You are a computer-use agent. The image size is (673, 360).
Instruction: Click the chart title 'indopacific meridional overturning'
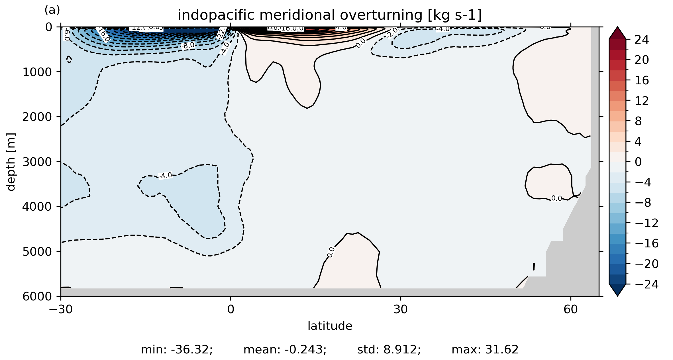pyautogui.click(x=329, y=15)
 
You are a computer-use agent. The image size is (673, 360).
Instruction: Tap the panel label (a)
pyautogui.click(x=52, y=10)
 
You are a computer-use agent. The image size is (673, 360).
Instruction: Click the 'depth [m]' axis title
pyautogui.click(x=11, y=162)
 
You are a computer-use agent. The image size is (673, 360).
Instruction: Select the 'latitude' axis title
pyautogui.click(x=330, y=326)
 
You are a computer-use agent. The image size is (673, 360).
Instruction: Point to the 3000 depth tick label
pyautogui.click(x=37, y=162)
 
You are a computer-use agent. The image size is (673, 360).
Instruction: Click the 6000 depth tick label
pyautogui.click(x=37, y=296)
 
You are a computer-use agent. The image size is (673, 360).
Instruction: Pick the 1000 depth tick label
pyautogui.click(x=37, y=72)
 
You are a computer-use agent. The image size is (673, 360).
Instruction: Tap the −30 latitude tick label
pyautogui.click(x=61, y=309)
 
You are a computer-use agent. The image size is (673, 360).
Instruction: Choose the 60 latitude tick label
pyautogui.click(x=570, y=309)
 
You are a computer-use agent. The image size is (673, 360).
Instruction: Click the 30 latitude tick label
pyautogui.click(x=401, y=309)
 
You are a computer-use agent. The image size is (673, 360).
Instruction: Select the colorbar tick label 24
pyautogui.click(x=642, y=40)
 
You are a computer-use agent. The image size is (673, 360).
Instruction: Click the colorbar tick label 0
pyautogui.click(x=638, y=162)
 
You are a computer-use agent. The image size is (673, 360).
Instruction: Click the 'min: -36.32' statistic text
pyautogui.click(x=177, y=350)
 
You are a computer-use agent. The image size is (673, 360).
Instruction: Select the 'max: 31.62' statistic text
pyautogui.click(x=485, y=350)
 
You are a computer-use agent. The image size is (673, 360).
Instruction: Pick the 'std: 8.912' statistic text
pyautogui.click(x=389, y=350)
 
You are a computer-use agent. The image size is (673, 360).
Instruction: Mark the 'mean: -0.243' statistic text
pyautogui.click(x=285, y=350)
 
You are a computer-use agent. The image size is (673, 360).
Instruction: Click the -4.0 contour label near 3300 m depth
pyautogui.click(x=166, y=176)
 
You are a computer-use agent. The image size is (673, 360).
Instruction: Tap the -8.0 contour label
pyautogui.click(x=188, y=45)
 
